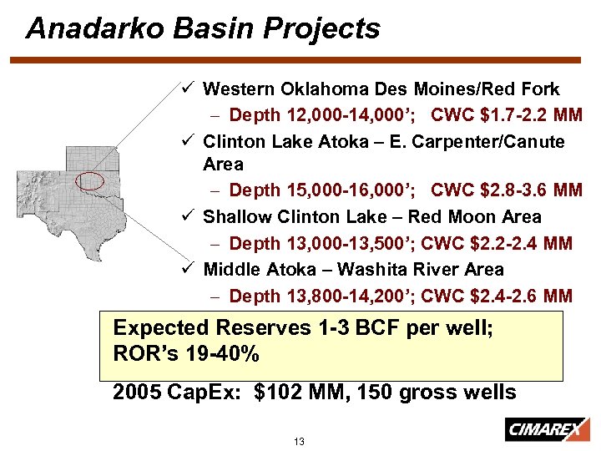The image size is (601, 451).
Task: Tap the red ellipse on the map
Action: pyautogui.click(x=89, y=180)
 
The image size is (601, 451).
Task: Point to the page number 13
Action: pyautogui.click(x=300, y=440)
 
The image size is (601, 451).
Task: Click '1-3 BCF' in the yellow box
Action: pyautogui.click(x=353, y=327)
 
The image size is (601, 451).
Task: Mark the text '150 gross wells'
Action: pyautogui.click(x=436, y=393)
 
